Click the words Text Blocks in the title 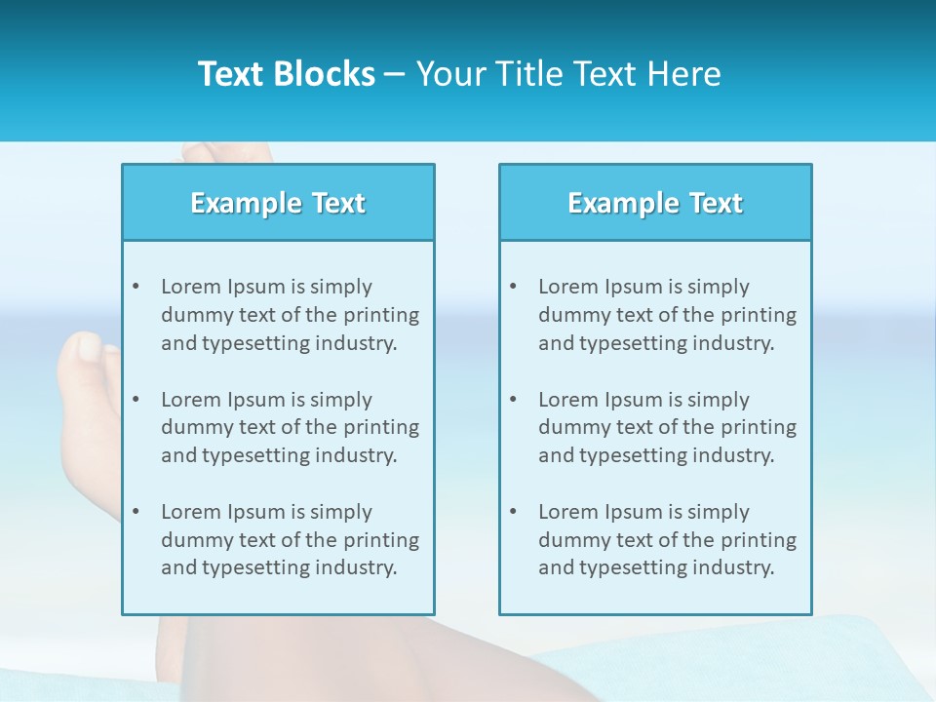(286, 74)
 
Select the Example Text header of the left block (278, 203)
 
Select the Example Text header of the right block (655, 203)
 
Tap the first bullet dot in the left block (136, 287)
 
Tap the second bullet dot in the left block (136, 400)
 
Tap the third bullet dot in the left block (136, 512)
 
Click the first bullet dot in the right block (513, 287)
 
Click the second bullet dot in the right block (513, 400)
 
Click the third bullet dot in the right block (513, 512)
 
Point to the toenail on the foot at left (88, 346)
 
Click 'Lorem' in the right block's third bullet (568, 512)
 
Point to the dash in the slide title (395, 74)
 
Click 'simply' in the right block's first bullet (718, 287)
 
